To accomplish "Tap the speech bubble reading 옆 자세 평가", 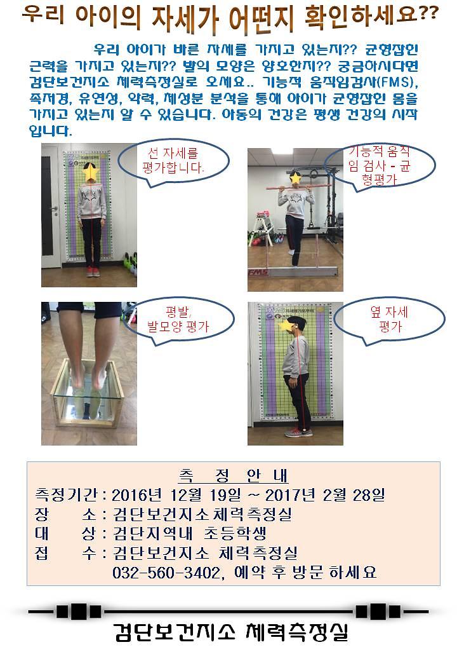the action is pos(389,319).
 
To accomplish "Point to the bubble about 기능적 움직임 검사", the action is pos(380,166).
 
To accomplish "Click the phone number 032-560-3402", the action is pos(166,573).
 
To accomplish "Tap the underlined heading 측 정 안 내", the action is pos(234,475).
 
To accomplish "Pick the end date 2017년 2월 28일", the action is pos(325,494).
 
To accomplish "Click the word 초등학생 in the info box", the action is pos(235,533).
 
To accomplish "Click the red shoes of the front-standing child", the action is pos(93,271).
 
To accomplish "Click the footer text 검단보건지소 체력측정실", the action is pos(230,631).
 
